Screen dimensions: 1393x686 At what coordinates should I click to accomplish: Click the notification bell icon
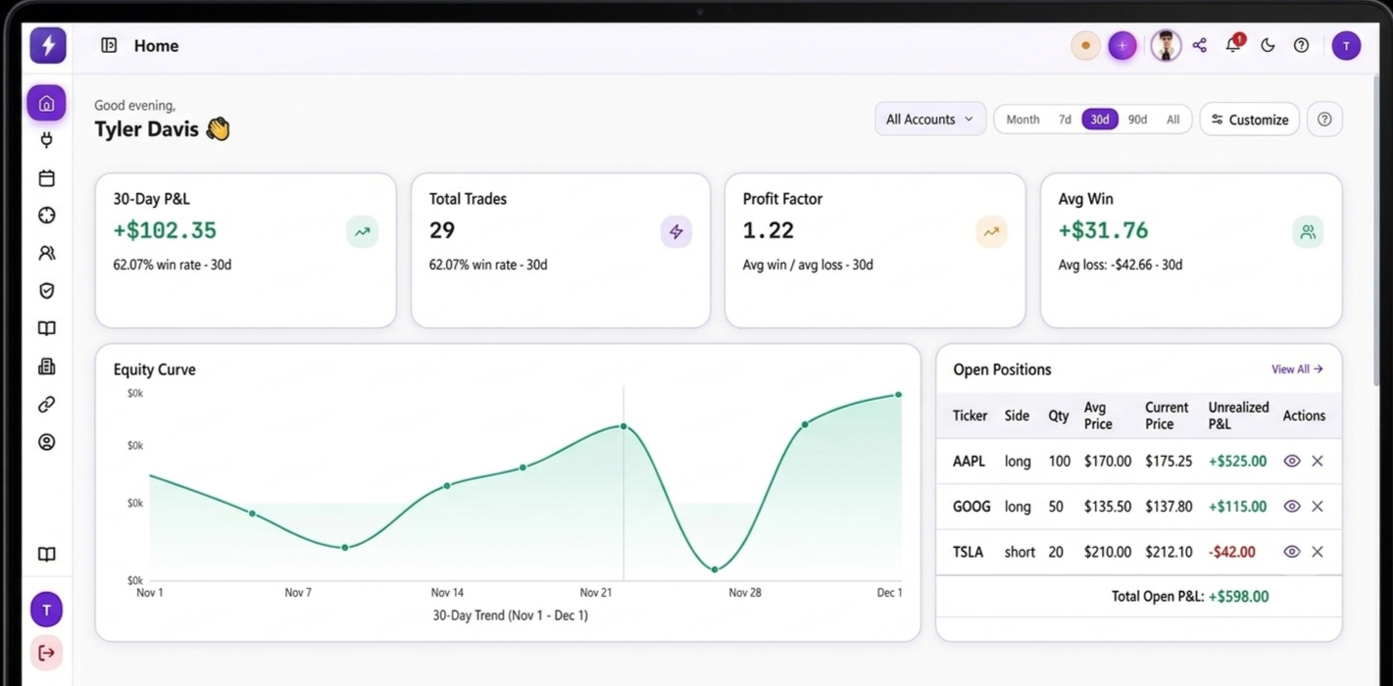1232,45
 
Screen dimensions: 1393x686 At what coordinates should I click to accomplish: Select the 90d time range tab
1137,120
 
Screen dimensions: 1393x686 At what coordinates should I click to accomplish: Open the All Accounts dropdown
929,119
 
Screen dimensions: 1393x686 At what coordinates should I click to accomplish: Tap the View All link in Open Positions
1297,368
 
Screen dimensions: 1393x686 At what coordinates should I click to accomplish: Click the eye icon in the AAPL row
1292,461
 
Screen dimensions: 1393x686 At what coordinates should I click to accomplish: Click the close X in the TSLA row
1318,552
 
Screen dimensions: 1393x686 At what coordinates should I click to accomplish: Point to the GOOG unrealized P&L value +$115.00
1237,507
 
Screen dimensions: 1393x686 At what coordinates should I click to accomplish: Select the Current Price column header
1167,416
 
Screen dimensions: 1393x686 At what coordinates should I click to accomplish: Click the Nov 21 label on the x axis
596,593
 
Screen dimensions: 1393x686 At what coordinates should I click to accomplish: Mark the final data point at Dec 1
898,395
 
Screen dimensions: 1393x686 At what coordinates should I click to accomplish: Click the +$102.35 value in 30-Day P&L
165,230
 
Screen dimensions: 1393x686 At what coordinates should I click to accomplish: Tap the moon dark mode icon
1268,45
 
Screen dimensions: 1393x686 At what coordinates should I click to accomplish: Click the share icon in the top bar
1200,45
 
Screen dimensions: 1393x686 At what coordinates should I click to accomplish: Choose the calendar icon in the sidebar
47,178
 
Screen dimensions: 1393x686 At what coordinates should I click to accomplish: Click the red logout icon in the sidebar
47,653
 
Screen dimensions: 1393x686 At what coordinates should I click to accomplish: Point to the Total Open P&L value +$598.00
1238,597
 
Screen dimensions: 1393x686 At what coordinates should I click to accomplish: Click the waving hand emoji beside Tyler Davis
219,129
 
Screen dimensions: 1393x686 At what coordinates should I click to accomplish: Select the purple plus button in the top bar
1121,45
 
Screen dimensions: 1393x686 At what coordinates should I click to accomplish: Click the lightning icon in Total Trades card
676,232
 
